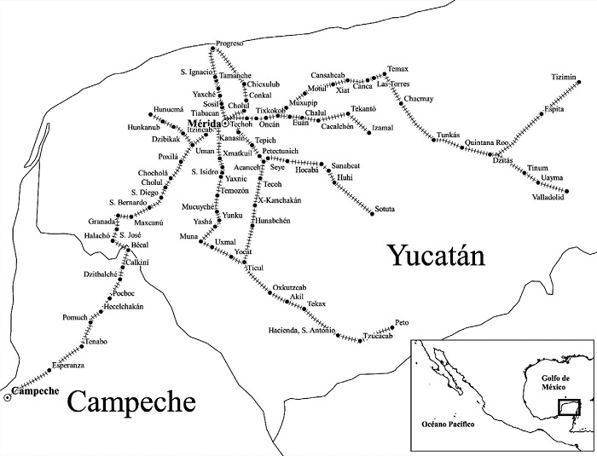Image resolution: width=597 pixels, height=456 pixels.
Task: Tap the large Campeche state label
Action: [130, 401]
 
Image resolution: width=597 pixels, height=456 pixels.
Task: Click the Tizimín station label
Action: [565, 76]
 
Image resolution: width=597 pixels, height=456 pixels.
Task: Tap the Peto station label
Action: [404, 324]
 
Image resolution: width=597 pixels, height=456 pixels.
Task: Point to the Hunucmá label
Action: [168, 109]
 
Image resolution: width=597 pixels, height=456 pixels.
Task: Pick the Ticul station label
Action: [256, 268]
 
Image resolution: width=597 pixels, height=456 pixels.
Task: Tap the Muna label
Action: [188, 235]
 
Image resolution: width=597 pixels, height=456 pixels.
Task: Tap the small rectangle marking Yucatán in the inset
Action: [567, 407]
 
